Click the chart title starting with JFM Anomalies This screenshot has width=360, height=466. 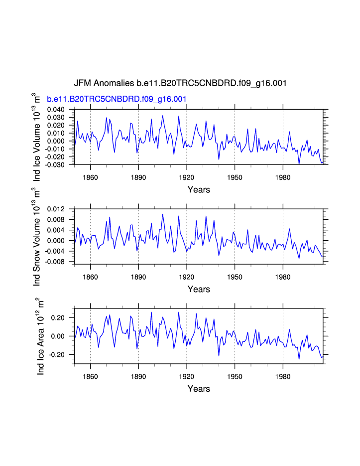click(x=180, y=83)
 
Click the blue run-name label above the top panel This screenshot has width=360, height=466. click(x=117, y=99)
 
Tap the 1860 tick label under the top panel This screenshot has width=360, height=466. click(x=90, y=176)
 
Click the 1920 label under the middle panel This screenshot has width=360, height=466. click(x=187, y=276)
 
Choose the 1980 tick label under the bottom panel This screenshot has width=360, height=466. click(x=283, y=376)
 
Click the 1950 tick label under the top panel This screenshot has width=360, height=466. click(x=235, y=176)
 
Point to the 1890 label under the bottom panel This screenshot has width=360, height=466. click(x=138, y=376)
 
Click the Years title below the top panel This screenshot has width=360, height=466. click(x=199, y=189)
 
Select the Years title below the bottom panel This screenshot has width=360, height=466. click(x=199, y=389)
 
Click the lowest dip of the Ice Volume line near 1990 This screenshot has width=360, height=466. click(x=299, y=163)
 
